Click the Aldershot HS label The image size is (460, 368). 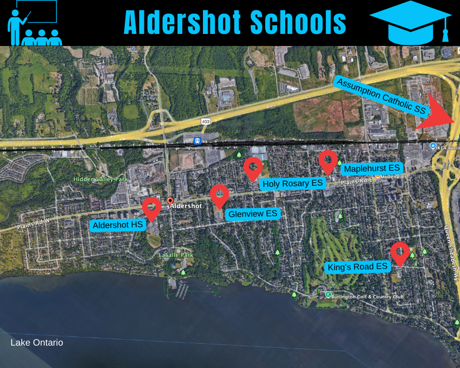tap(117, 225)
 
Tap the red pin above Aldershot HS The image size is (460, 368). tap(151, 208)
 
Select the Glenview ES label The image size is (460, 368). tap(252, 214)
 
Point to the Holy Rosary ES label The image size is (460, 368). tap(293, 183)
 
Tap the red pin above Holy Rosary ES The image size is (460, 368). tap(253, 167)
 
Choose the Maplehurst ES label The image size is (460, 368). tap(371, 168)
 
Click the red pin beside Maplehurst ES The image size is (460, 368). tap(328, 160)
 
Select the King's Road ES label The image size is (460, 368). tap(357, 267)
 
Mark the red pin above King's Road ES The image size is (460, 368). tap(400, 252)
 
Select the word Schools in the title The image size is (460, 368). tap(298, 23)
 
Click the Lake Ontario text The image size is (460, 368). tap(37, 343)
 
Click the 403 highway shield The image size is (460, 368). tap(206, 121)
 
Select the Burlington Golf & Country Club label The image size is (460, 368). tap(368, 297)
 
